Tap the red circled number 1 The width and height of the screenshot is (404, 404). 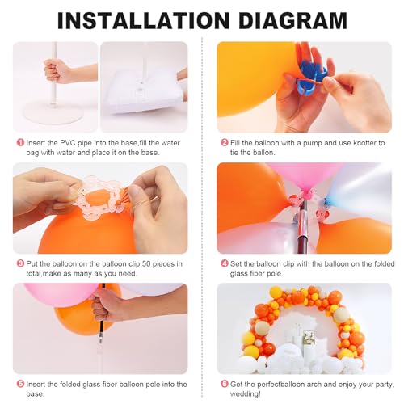pos(19,142)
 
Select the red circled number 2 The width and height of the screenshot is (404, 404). pos(224,142)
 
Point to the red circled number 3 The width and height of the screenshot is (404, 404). pos(19,263)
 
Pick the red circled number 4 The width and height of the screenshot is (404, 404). pos(224,263)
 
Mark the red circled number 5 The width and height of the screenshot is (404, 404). pos(19,382)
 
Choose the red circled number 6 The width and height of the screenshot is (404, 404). pos(224,382)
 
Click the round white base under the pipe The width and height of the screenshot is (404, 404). pos(54,110)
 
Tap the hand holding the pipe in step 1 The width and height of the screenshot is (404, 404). pos(57,69)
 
